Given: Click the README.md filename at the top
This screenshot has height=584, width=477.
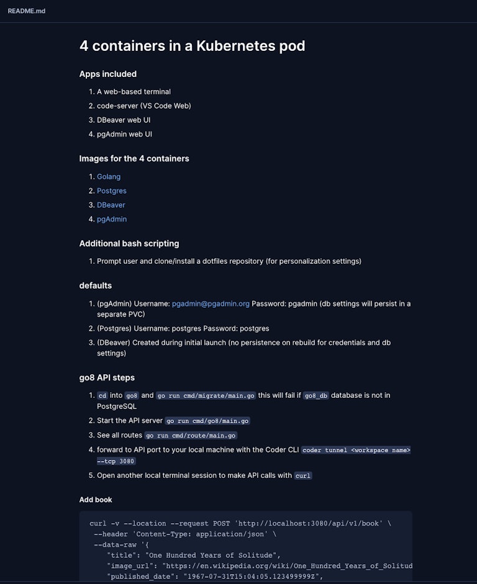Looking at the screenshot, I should pyautogui.click(x=26, y=11).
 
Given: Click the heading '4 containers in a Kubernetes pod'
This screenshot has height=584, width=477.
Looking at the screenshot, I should pyautogui.click(x=192, y=45).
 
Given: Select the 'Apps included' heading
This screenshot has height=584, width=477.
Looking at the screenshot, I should pyautogui.click(x=107, y=74).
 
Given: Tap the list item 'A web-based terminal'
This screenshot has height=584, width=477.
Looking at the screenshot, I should pyautogui.click(x=134, y=91).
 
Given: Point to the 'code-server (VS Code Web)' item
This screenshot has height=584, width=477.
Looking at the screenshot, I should pyautogui.click(x=143, y=106).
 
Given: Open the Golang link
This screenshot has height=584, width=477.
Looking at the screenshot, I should pyautogui.click(x=109, y=176).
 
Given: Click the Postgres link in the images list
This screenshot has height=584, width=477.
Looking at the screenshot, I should pyautogui.click(x=111, y=191).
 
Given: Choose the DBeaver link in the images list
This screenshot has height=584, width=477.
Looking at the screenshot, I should pyautogui.click(x=111, y=205).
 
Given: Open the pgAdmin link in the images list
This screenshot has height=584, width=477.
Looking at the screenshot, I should pyautogui.click(x=111, y=219).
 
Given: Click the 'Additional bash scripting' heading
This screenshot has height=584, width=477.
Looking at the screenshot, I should pyautogui.click(x=129, y=243).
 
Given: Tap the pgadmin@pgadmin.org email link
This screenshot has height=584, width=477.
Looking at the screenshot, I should pyautogui.click(x=211, y=303).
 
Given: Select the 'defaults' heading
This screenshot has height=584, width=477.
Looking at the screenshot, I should pyautogui.click(x=95, y=285).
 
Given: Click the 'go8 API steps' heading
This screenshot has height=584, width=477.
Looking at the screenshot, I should pyautogui.click(x=107, y=377).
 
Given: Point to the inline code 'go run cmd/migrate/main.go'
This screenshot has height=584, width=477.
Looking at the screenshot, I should pyautogui.click(x=206, y=395).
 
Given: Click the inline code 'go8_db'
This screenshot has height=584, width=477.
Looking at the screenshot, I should pyautogui.click(x=316, y=395).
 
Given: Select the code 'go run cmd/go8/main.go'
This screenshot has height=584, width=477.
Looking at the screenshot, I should pyautogui.click(x=207, y=421).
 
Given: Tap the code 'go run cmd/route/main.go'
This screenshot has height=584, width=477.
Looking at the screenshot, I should pyautogui.click(x=191, y=436).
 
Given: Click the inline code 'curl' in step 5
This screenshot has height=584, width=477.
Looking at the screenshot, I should pyautogui.click(x=302, y=475).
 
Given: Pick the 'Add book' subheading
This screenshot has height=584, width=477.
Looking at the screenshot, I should pyautogui.click(x=96, y=500).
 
